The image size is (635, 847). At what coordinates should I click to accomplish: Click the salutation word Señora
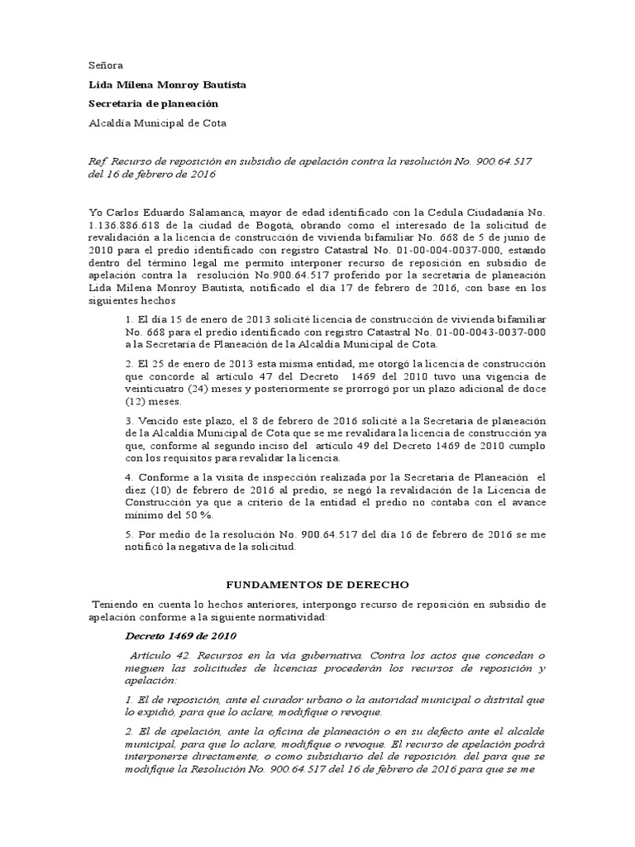pyautogui.click(x=105, y=65)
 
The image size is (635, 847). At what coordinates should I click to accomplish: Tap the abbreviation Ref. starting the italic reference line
pyautogui.click(x=98, y=160)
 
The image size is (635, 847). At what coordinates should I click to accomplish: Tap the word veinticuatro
pyautogui.click(x=157, y=390)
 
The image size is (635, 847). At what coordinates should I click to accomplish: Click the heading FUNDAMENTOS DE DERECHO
pyautogui.click(x=317, y=585)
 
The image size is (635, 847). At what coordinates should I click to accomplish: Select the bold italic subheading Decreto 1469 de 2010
pyautogui.click(x=180, y=636)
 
